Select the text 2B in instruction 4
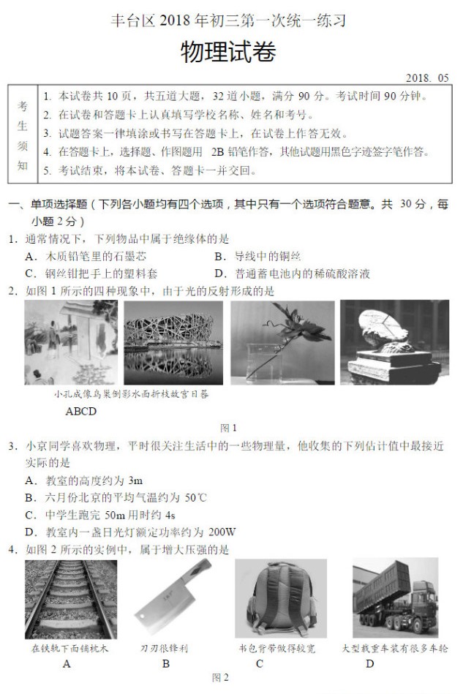tap(218, 152)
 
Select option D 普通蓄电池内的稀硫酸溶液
tap(292, 274)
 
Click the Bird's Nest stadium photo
tap(173, 342)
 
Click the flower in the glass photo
tap(282, 342)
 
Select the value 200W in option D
tap(222, 532)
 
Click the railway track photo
tap(70, 599)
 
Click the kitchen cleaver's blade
tap(162, 608)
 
